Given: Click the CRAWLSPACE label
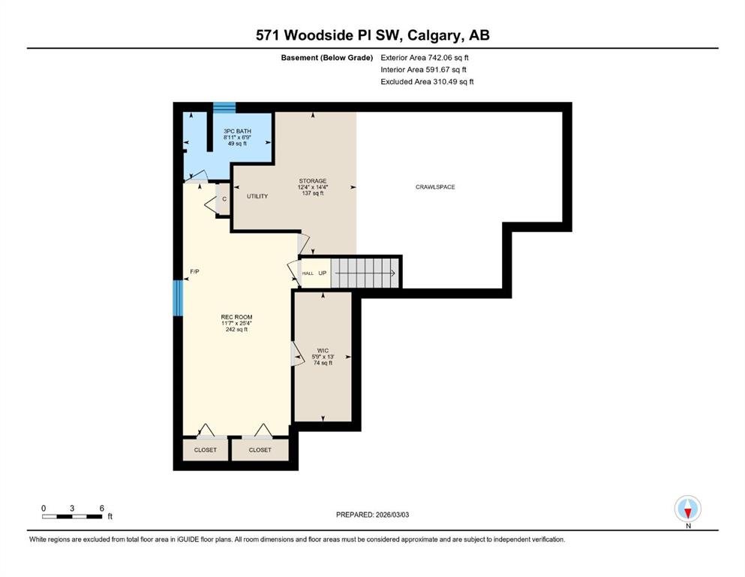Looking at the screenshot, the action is pos(435,187).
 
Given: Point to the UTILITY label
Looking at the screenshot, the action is pos(257,196).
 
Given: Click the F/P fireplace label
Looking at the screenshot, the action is pos(194,272).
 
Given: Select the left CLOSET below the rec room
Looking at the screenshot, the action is pos(206,449).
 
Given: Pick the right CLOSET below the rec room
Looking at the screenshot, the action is pos(260,449).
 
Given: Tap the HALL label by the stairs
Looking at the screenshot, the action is pos(308,273).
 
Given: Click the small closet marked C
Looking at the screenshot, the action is pos(224,199).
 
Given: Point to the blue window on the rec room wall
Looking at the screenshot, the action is pos(178,298).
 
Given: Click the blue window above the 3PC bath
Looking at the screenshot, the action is pos(224,107).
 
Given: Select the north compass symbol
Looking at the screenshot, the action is pos(688,509).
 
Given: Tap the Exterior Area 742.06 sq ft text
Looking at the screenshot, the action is pos(425,58).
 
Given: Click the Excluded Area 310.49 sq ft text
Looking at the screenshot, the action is pos(427,81).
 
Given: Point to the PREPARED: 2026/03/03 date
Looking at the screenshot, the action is pos(372,515).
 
